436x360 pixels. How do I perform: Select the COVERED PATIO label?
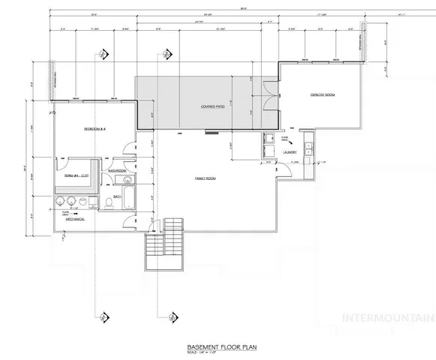pos(213,107)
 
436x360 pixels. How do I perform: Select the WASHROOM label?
pos(116,171)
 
